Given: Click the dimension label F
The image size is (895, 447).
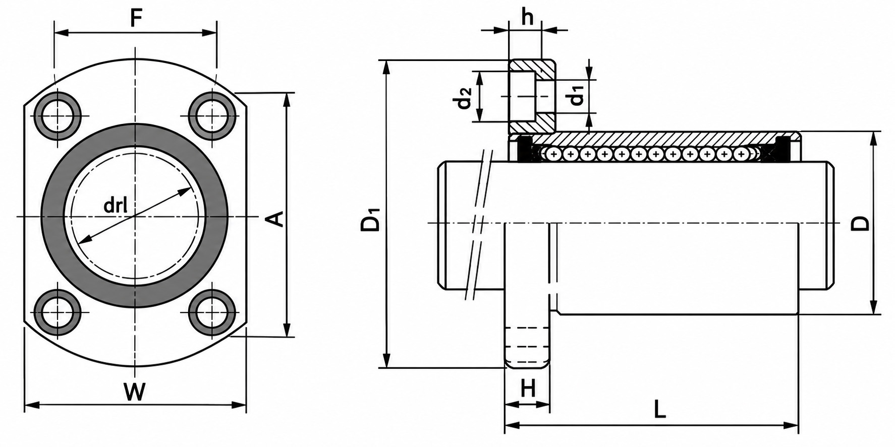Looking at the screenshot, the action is tap(135, 19).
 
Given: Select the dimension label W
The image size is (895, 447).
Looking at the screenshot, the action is tap(135, 392).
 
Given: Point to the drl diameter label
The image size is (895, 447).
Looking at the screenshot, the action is tap(115, 205).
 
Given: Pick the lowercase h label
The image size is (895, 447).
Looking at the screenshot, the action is tap(527, 17).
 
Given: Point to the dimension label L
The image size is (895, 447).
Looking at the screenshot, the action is tap(660, 409).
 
